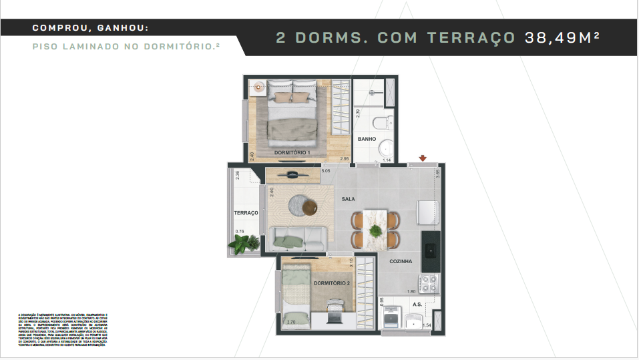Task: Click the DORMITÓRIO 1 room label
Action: [x=292, y=153]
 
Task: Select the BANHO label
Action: [x=367, y=139]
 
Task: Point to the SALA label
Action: [x=348, y=199]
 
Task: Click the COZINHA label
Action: [x=401, y=261]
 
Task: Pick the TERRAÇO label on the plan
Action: [x=246, y=213]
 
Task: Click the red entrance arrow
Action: [x=422, y=158]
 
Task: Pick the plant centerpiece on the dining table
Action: [x=376, y=231]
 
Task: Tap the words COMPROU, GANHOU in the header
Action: [x=90, y=28]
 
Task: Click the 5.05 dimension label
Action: [x=326, y=171]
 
